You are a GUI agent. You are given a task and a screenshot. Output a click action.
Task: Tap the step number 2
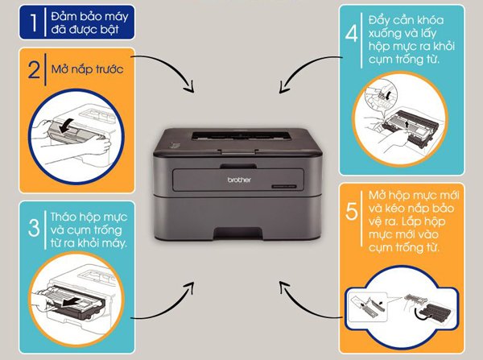(x=34, y=70)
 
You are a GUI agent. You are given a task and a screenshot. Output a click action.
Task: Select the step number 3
(x=34, y=226)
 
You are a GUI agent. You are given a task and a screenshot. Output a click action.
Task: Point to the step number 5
(x=351, y=211)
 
